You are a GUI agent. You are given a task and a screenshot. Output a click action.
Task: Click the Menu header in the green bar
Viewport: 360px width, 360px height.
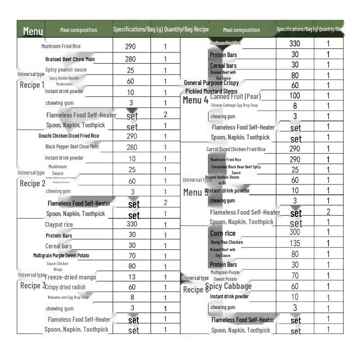(33, 31)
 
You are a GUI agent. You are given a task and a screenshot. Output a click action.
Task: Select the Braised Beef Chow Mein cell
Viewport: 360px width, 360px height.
(70, 59)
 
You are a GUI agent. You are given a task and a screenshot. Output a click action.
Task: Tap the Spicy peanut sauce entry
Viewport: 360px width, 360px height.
(66, 70)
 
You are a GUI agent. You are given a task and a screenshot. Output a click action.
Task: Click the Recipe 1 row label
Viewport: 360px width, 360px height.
(32, 85)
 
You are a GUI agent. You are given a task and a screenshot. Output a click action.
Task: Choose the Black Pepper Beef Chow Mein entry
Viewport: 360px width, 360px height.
(72, 147)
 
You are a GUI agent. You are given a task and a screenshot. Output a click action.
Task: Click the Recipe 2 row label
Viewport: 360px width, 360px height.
(32, 183)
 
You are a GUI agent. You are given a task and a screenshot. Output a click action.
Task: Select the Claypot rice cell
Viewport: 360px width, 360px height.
(59, 225)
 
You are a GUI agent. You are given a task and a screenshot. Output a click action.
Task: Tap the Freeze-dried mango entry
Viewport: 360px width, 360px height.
(70, 277)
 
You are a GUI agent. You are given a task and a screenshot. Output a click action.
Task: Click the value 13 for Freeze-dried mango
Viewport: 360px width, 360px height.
(132, 277)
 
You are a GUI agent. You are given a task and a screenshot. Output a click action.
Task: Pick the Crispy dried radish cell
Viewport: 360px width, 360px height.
(65, 287)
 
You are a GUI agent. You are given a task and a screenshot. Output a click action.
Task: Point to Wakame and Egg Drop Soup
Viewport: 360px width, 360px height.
(68, 297)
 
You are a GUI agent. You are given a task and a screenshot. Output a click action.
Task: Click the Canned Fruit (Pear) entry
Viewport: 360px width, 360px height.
(235, 96)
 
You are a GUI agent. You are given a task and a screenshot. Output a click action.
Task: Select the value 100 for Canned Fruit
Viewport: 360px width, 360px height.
(295, 95)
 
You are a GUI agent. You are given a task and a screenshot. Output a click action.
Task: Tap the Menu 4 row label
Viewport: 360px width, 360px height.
(195, 100)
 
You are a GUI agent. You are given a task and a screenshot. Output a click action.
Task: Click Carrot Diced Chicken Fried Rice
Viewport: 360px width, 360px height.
(236, 149)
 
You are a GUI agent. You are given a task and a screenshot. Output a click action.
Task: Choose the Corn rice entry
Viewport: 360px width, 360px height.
(223, 233)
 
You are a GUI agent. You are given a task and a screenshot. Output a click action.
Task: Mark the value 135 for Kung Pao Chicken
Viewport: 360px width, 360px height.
(295, 243)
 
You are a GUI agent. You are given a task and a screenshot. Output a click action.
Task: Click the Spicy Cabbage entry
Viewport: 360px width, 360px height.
(229, 286)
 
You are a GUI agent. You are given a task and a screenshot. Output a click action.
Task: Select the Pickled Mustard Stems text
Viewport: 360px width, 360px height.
(211, 91)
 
